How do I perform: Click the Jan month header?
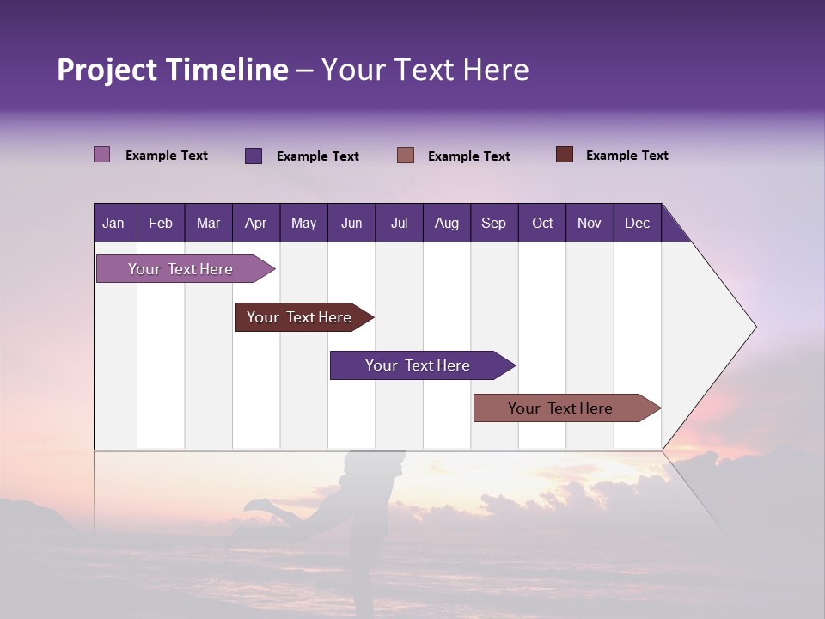(113, 223)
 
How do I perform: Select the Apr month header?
(255, 223)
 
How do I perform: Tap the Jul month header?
(399, 223)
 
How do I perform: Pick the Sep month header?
(493, 223)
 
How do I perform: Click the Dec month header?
(637, 223)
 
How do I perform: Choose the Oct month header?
(542, 223)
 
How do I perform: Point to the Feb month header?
(161, 223)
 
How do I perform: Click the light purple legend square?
(102, 155)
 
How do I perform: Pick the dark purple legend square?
(254, 156)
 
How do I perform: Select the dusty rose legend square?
(406, 156)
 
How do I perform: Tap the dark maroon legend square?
(565, 155)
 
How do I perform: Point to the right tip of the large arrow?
(755, 327)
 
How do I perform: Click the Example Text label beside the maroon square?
(626, 156)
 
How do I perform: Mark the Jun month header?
(351, 223)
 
